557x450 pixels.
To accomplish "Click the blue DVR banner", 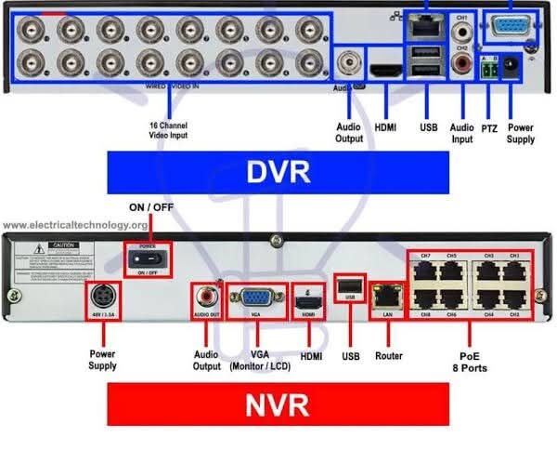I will click(x=278, y=173).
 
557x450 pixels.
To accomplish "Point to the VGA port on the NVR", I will click(x=255, y=299).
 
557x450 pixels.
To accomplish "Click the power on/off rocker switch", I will click(x=143, y=255).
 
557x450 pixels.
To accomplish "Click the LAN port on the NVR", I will click(x=383, y=297).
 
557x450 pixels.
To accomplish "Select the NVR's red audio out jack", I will click(x=205, y=298).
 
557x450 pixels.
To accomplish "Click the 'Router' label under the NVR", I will click(x=388, y=355).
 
